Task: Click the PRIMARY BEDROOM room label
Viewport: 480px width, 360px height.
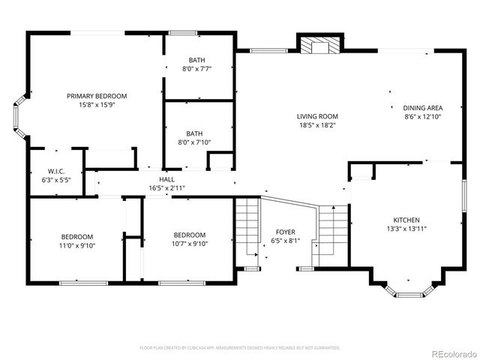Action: coord(97,96)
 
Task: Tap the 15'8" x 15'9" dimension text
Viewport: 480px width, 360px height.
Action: coord(97,105)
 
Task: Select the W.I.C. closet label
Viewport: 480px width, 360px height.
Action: coord(56,171)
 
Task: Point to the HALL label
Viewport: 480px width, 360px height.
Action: coord(166,179)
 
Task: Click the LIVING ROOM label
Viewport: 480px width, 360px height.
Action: coord(317,116)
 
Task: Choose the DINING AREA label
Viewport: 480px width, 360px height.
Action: coord(423,108)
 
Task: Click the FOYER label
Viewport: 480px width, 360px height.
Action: coord(285,232)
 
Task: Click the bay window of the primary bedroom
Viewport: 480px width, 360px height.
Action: coord(19,116)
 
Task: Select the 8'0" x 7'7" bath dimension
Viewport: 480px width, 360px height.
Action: coord(196,69)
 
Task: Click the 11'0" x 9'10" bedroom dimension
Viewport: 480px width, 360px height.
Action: coord(77,245)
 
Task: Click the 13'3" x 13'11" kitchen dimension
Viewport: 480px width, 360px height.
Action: coord(406,229)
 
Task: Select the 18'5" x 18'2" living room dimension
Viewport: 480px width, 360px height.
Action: coord(317,125)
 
